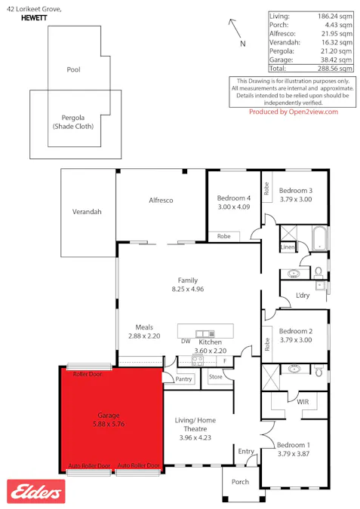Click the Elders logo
[x=35, y=492]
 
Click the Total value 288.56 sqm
[x=336, y=68]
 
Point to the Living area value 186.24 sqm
[x=336, y=15]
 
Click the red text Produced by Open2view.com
[x=294, y=112]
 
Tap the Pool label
[x=73, y=69]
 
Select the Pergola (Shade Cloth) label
[x=72, y=122]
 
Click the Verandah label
[x=87, y=212]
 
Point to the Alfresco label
[x=160, y=200]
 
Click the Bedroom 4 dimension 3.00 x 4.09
[x=233, y=207]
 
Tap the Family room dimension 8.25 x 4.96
[x=188, y=289]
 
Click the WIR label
[x=303, y=402]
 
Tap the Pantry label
[x=183, y=380]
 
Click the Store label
[x=217, y=376]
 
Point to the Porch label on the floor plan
[x=240, y=482]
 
